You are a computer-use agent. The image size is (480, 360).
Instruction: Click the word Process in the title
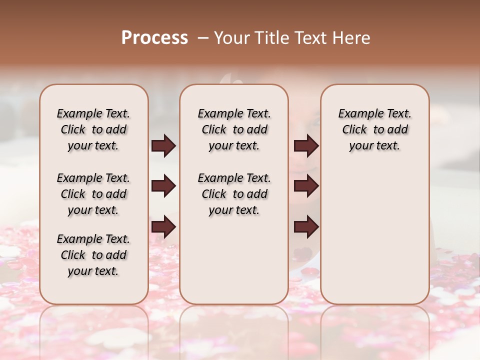(154, 38)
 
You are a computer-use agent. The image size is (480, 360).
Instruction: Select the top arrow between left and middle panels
(163, 146)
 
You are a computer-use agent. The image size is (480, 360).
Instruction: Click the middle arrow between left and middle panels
(163, 186)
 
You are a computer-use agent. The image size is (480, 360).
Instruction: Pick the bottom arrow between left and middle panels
(163, 227)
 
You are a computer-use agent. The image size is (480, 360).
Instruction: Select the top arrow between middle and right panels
(306, 146)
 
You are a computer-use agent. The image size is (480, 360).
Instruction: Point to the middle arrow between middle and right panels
(306, 186)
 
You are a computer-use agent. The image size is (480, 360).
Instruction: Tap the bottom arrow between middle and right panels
(306, 227)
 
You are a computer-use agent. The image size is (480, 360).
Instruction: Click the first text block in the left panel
(93, 129)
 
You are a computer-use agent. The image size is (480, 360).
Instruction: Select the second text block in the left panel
(93, 194)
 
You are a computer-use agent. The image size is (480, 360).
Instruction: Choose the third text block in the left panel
(93, 255)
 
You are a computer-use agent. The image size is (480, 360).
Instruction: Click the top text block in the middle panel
(234, 129)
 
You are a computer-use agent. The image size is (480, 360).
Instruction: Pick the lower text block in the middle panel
(234, 194)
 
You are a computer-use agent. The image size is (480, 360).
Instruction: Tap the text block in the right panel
(375, 129)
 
